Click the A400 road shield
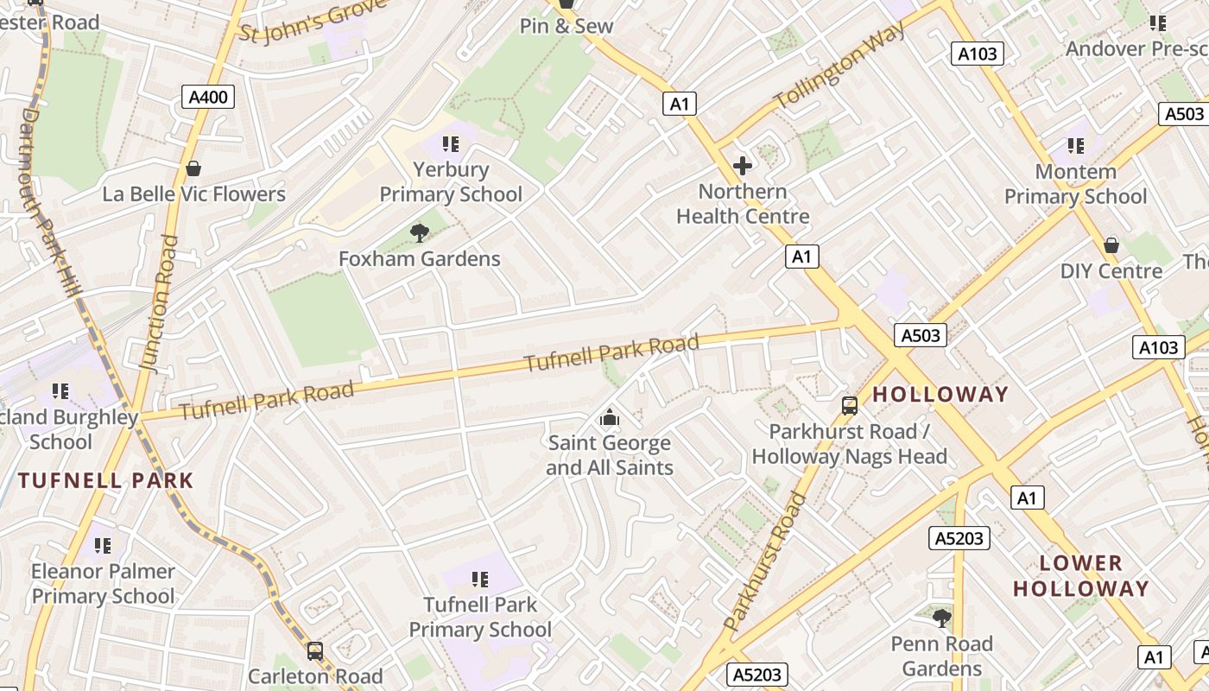208,96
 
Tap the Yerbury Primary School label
451,182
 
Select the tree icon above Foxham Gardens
420,231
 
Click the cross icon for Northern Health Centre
742,165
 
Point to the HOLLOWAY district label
940,395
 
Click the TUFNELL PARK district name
105,481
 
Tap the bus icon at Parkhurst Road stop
850,405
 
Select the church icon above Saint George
610,418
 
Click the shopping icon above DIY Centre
1111,245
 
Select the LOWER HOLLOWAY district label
1080,576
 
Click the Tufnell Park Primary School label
480,617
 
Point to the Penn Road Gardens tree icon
942,618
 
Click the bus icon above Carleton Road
315,650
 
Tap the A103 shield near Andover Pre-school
978,54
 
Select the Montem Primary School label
1075,184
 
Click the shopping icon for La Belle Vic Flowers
193,168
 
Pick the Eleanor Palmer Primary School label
103,583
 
